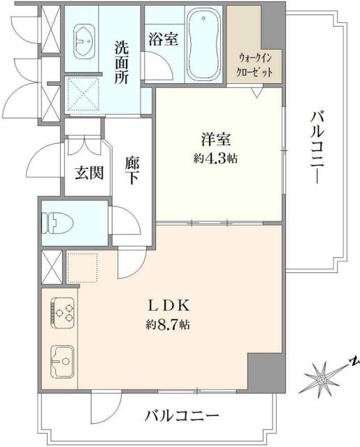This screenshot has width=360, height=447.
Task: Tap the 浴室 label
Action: (x=162, y=39)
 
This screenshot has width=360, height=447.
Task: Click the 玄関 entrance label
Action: (x=89, y=172)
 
